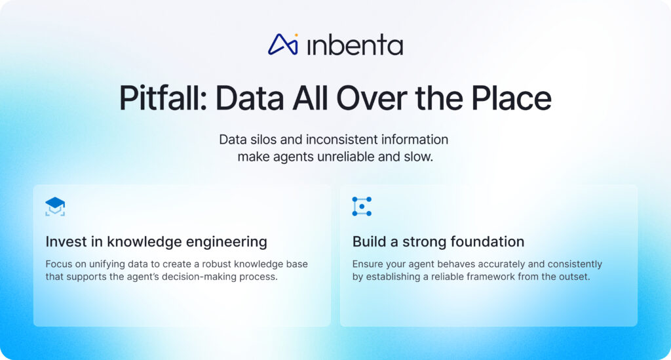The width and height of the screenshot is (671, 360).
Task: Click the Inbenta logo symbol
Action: coord(283,44)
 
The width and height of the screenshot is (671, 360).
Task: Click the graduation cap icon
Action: coord(55,207)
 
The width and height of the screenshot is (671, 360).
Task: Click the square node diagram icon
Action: coord(362,207)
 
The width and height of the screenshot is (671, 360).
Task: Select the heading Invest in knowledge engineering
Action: coord(156,242)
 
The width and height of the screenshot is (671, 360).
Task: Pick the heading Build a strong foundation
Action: coord(438,242)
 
